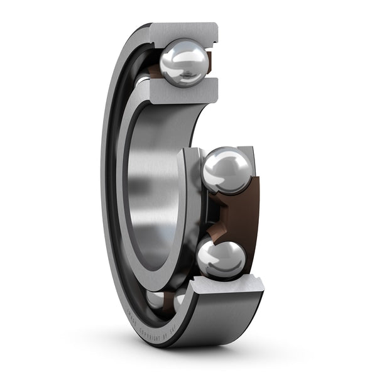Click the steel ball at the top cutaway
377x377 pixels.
[183, 62]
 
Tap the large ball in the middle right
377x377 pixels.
[227, 170]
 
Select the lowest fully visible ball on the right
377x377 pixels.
[221, 257]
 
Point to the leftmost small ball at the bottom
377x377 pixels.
[155, 299]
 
